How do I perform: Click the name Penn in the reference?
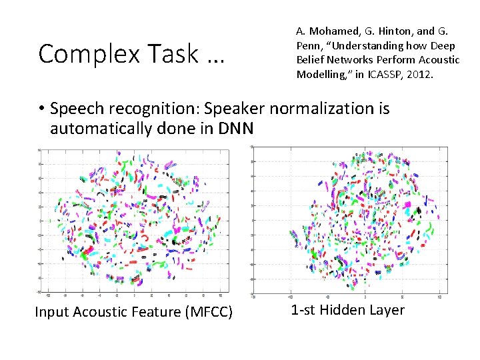[x=310, y=45]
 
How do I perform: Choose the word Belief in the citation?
[x=311, y=60]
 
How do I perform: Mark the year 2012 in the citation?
[x=419, y=75]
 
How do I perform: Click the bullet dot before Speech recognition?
[x=41, y=109]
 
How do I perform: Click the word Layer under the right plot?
[x=388, y=310]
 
